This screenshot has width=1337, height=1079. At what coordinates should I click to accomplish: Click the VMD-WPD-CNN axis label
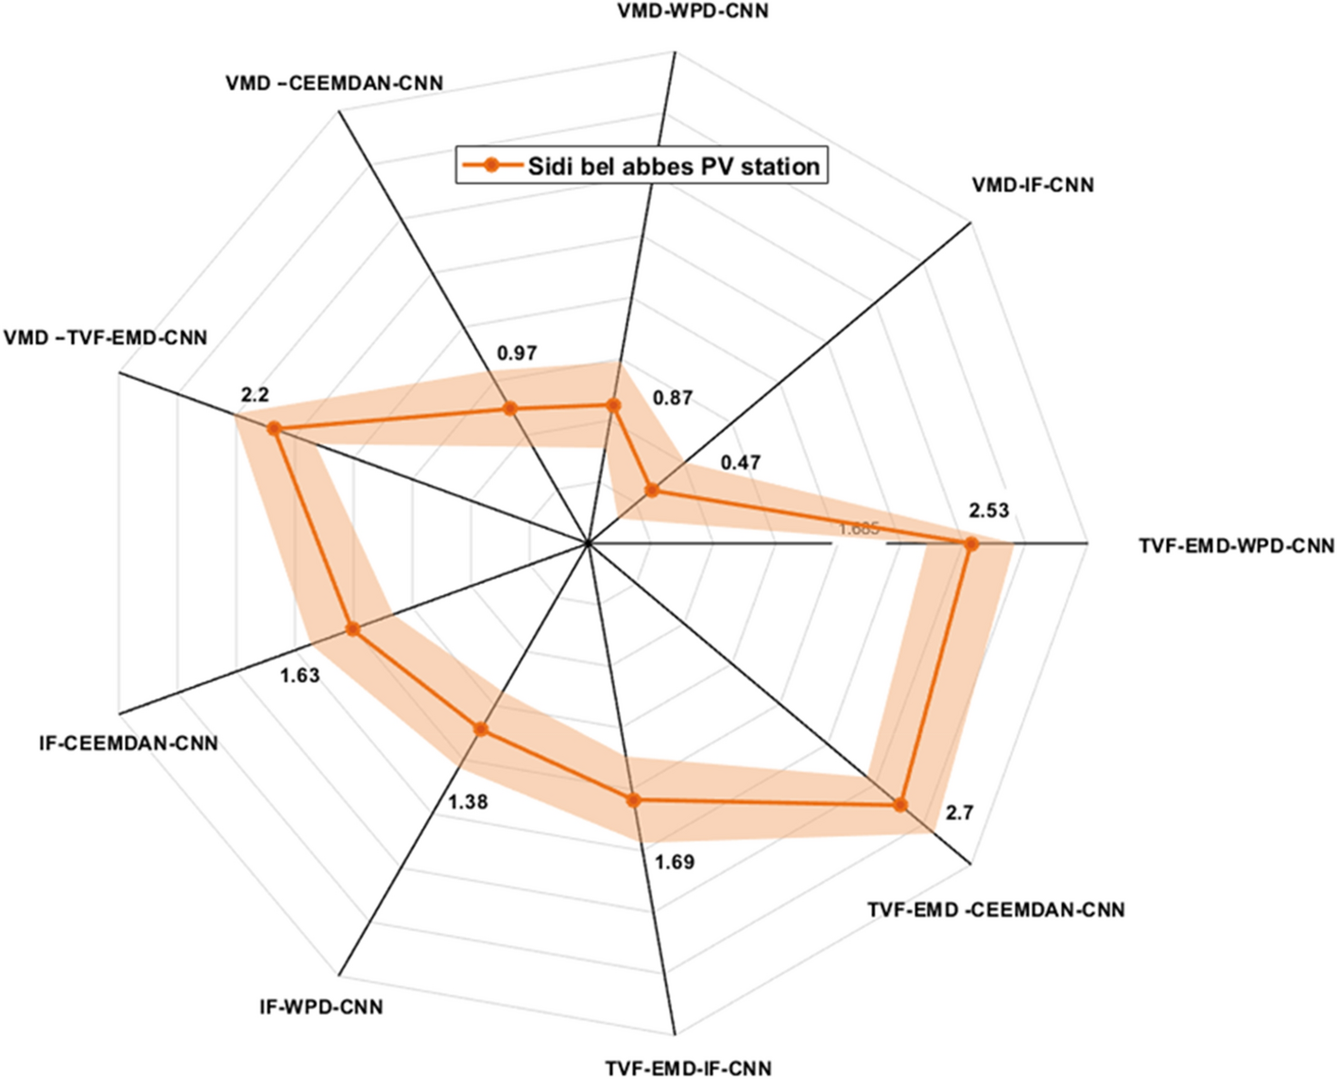(x=692, y=12)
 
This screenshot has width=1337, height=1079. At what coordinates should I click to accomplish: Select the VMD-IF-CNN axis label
(x=1033, y=185)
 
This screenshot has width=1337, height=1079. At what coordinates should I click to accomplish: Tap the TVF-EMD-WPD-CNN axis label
(x=1237, y=546)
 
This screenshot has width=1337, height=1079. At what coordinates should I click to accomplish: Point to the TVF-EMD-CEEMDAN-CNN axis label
(x=996, y=910)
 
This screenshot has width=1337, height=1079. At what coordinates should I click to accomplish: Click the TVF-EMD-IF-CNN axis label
(x=688, y=1068)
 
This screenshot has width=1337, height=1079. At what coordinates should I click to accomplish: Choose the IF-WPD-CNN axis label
(x=321, y=1007)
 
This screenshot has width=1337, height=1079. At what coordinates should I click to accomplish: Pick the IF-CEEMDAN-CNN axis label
(x=129, y=744)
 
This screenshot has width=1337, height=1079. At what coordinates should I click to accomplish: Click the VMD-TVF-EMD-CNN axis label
(x=106, y=337)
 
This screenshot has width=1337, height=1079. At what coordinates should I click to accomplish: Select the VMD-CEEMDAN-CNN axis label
(x=334, y=83)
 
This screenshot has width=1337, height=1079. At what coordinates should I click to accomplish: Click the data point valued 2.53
(x=970, y=543)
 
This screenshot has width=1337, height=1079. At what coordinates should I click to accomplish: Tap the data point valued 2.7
(x=900, y=805)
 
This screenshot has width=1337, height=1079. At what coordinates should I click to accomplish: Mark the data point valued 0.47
(x=651, y=489)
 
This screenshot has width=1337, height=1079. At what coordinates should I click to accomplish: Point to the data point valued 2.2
(x=274, y=428)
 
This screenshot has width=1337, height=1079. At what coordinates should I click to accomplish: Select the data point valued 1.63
(x=352, y=629)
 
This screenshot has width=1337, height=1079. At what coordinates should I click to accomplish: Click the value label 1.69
(x=675, y=862)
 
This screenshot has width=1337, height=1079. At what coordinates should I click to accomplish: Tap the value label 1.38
(x=468, y=802)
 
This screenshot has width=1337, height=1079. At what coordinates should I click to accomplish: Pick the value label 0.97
(x=517, y=353)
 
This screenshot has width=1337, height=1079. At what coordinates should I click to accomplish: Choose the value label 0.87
(x=672, y=398)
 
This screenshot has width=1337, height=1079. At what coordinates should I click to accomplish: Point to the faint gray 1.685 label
(x=859, y=529)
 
